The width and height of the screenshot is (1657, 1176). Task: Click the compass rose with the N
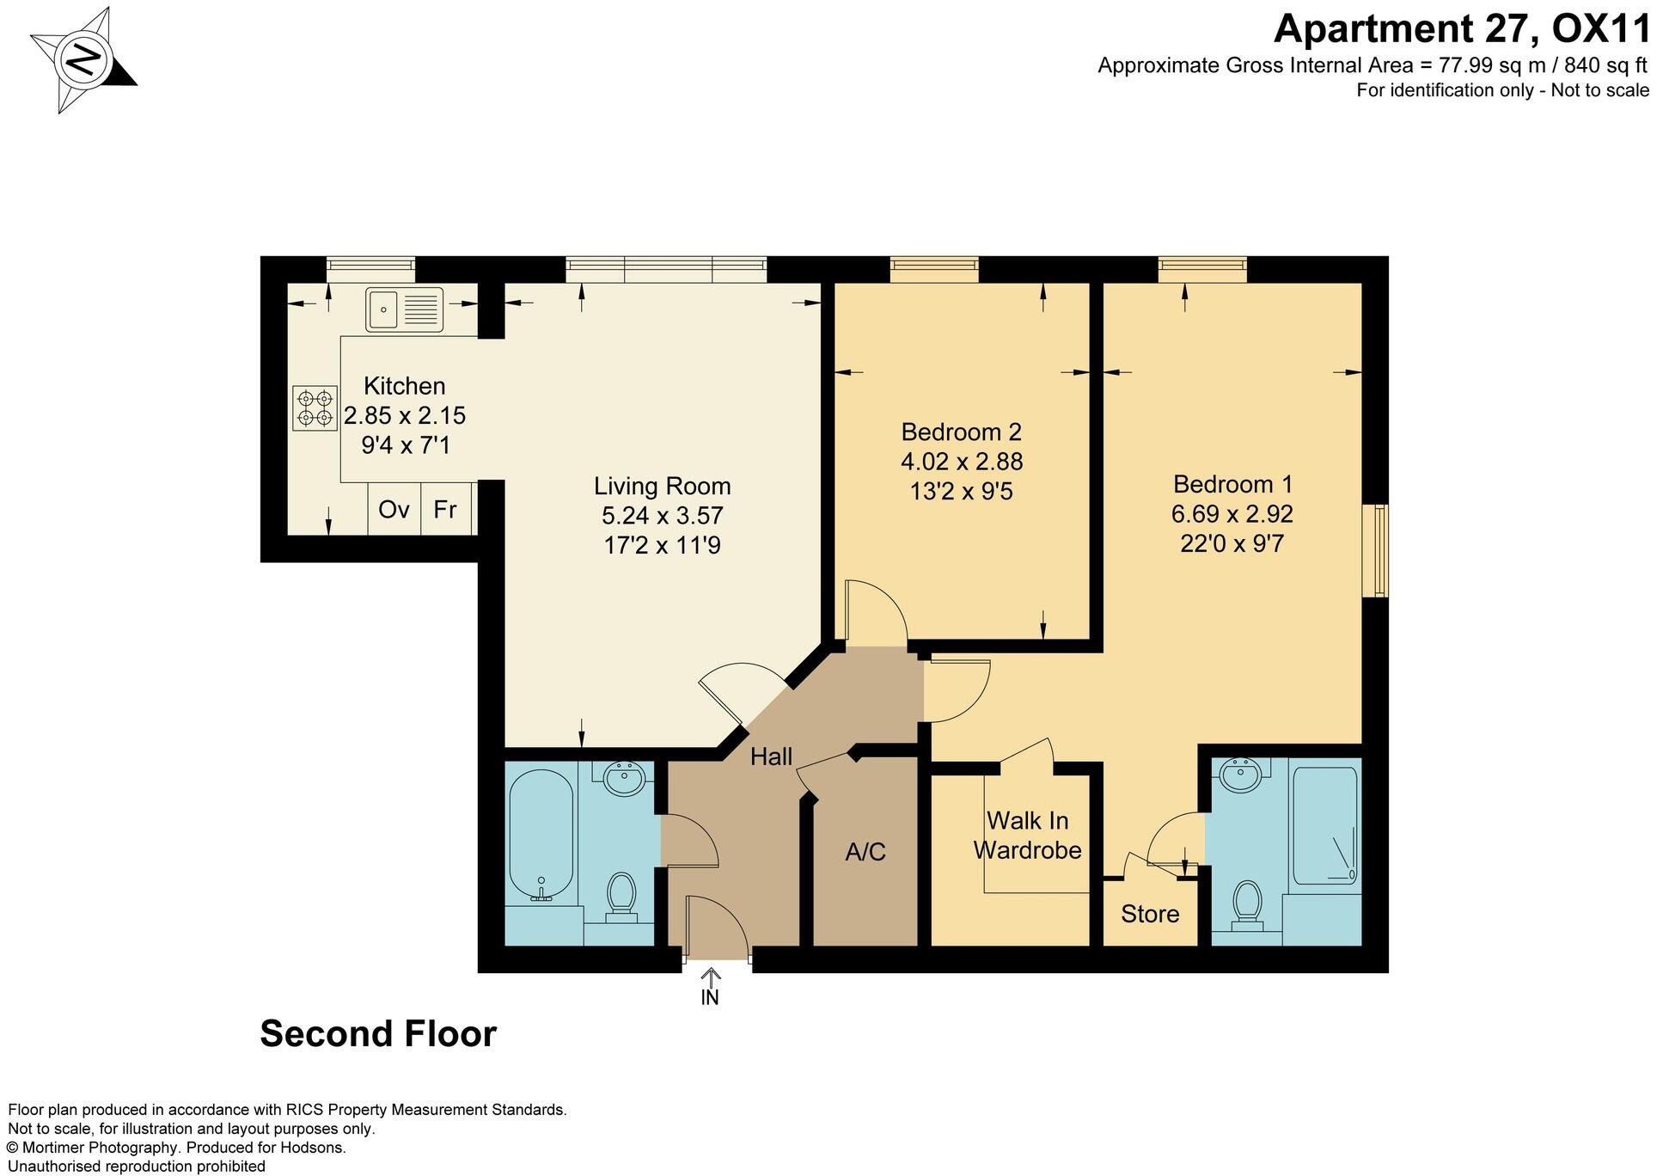(x=83, y=61)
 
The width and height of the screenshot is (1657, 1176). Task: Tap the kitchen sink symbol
(x=404, y=309)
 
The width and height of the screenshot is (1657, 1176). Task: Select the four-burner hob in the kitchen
(x=314, y=408)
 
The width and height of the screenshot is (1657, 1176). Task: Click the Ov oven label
(x=394, y=510)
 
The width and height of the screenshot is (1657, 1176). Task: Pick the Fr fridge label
(x=445, y=510)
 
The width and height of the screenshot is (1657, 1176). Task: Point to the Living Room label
(x=662, y=487)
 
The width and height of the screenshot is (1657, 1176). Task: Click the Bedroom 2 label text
(x=961, y=432)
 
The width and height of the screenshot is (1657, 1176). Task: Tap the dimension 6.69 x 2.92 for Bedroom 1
(x=1232, y=514)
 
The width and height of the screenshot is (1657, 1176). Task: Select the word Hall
(x=771, y=756)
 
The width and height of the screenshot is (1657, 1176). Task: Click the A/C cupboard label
(x=865, y=852)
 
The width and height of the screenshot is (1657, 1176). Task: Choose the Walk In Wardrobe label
(x=1027, y=835)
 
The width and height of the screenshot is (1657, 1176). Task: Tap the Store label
(x=1150, y=914)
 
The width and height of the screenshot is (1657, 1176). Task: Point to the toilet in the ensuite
(x=1246, y=903)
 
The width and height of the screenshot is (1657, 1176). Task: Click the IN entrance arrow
(x=710, y=987)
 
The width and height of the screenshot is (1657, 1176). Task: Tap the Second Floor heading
(x=378, y=1033)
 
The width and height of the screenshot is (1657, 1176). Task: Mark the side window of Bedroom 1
(x=1379, y=551)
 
